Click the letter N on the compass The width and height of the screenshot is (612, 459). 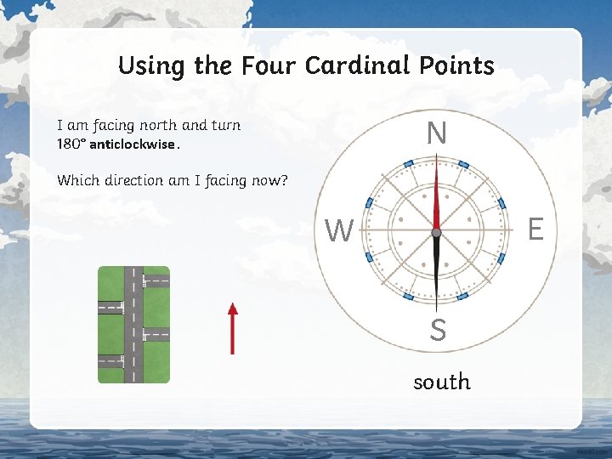coord(436,133)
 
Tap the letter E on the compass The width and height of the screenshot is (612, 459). coord(535,229)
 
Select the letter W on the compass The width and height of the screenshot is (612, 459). coord(339,229)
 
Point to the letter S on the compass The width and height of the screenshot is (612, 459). coord(438,330)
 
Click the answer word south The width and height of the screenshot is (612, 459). coord(441,382)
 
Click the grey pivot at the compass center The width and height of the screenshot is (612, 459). coord(436,232)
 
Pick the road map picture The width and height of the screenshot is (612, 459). coord(133,324)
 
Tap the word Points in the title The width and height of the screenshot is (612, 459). coord(459,65)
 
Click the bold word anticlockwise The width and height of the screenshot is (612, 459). coord(133,144)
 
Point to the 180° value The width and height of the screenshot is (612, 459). coord(71,144)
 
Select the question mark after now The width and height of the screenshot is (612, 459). coord(284,180)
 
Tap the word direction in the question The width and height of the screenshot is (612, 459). coord(137,180)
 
